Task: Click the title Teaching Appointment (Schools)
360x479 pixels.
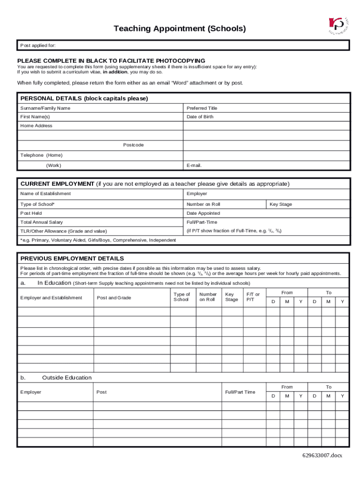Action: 180,29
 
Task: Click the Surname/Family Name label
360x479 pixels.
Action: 45,108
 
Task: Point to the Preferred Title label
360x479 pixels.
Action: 202,108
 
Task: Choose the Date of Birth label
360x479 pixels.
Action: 200,117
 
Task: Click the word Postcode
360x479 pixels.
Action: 133,145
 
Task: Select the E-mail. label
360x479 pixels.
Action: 194,166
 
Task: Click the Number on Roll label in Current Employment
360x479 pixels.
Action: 203,204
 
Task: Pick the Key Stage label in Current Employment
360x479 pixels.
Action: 281,204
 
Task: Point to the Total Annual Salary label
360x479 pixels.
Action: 42,222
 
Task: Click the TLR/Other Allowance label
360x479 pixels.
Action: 64,231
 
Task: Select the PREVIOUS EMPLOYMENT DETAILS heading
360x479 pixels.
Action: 72,259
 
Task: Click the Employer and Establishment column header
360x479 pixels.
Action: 51,298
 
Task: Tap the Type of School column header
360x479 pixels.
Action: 181,297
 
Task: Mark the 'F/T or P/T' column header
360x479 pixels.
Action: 253,297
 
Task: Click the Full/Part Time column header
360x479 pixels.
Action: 240,392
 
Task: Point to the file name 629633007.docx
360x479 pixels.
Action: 322,455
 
